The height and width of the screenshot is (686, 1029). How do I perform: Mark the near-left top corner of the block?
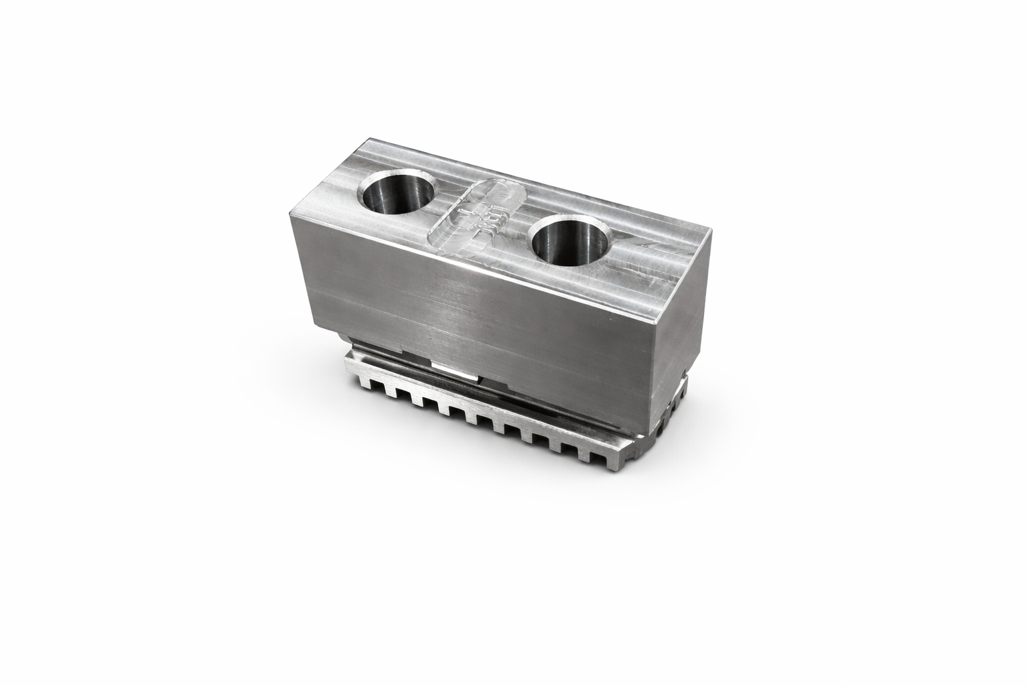pos(290,214)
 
